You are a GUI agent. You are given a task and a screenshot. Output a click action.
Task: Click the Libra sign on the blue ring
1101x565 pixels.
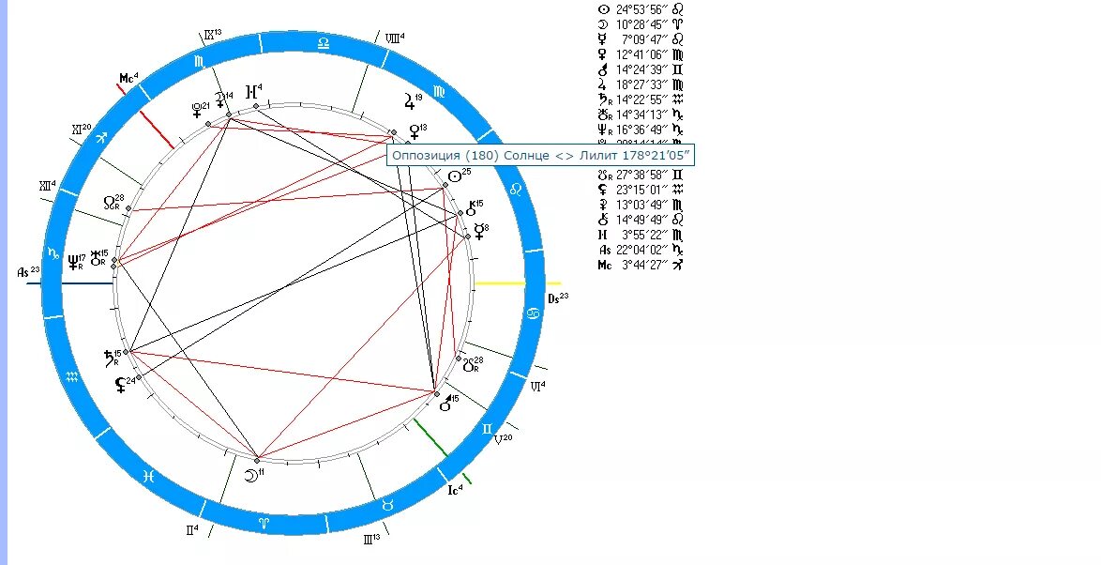point(324,42)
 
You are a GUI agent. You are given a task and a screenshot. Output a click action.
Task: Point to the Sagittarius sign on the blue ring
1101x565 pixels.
point(97,137)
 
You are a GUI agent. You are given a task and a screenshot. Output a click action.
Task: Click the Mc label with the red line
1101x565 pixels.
point(128,77)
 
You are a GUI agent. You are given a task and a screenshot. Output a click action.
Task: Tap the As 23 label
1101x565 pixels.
point(28,271)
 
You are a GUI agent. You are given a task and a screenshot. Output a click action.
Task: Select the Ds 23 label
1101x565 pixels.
point(557,298)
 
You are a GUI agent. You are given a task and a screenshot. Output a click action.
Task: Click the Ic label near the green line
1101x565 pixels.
point(456,489)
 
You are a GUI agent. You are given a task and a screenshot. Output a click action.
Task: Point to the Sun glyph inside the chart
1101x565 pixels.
point(455,176)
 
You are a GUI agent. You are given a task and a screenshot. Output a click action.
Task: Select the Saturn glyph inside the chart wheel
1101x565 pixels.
point(109,357)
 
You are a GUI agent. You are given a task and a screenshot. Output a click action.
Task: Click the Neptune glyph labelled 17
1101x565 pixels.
point(73,263)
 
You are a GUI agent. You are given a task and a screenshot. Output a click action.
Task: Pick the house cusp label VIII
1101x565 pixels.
point(394,38)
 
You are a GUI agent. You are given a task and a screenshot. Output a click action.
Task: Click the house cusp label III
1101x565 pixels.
point(370,539)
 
